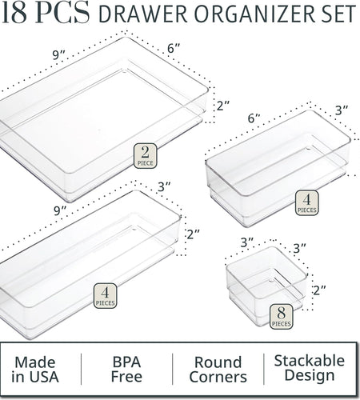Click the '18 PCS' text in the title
pos(46,12)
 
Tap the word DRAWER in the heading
pos(143,14)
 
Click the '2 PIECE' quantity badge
pos(145,156)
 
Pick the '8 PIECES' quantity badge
pos(281,317)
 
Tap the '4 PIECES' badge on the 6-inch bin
pos(306,202)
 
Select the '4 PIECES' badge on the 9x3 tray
pos(105,296)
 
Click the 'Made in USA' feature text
pos(35,370)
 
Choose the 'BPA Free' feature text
pos(126,370)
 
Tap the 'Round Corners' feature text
pos(218,370)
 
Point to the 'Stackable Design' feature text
pos(310,368)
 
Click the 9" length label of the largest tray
pos(59,54)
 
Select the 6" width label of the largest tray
pos(174,48)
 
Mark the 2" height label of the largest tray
pos(223,106)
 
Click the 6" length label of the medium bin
pos(254,118)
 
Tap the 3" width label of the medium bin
pos(342,110)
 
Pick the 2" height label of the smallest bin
pos(319,290)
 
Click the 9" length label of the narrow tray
pos(60,210)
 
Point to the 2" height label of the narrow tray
pos(193,234)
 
